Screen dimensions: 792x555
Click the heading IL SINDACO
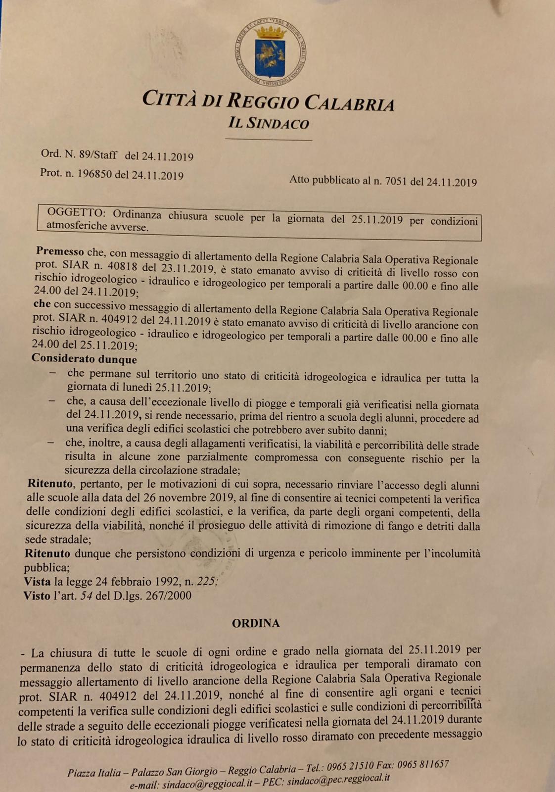pyautogui.click(x=269, y=123)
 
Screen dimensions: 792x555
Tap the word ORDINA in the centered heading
pyautogui.click(x=256, y=623)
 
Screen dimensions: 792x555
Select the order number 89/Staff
pyautogui.click(x=98, y=155)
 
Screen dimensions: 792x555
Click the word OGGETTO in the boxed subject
pyautogui.click(x=76, y=213)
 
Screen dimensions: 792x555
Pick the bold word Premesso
pyautogui.click(x=60, y=252)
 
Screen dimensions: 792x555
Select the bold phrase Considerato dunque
pyautogui.click(x=84, y=358)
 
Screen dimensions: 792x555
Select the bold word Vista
pyautogui.click(x=37, y=582)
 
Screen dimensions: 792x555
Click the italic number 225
pyautogui.click(x=207, y=582)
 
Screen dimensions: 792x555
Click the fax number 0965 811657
pyautogui.click(x=422, y=765)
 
